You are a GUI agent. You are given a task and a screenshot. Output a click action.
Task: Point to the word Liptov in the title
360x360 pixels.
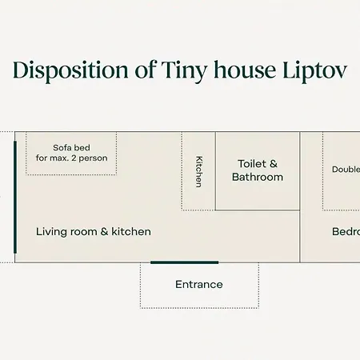tap(310, 71)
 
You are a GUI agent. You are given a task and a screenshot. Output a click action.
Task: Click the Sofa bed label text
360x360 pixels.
tap(71, 147)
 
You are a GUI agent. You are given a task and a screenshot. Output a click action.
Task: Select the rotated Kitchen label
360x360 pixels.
tap(198, 171)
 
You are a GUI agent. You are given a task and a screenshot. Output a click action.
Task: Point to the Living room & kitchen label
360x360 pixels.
tap(94, 231)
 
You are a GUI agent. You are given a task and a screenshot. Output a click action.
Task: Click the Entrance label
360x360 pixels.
tap(199, 284)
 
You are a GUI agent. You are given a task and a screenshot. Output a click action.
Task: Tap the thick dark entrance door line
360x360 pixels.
tap(184, 262)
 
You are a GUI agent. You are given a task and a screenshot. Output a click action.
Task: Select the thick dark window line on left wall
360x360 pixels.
tap(15, 198)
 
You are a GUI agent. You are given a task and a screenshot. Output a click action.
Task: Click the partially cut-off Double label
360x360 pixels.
tap(345, 169)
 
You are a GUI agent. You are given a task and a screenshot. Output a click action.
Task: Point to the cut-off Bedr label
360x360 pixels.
tap(346, 231)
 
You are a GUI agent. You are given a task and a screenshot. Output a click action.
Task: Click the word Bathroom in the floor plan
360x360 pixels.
tap(258, 177)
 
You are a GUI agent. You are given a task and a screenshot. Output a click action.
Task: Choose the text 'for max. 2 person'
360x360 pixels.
tap(71, 158)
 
